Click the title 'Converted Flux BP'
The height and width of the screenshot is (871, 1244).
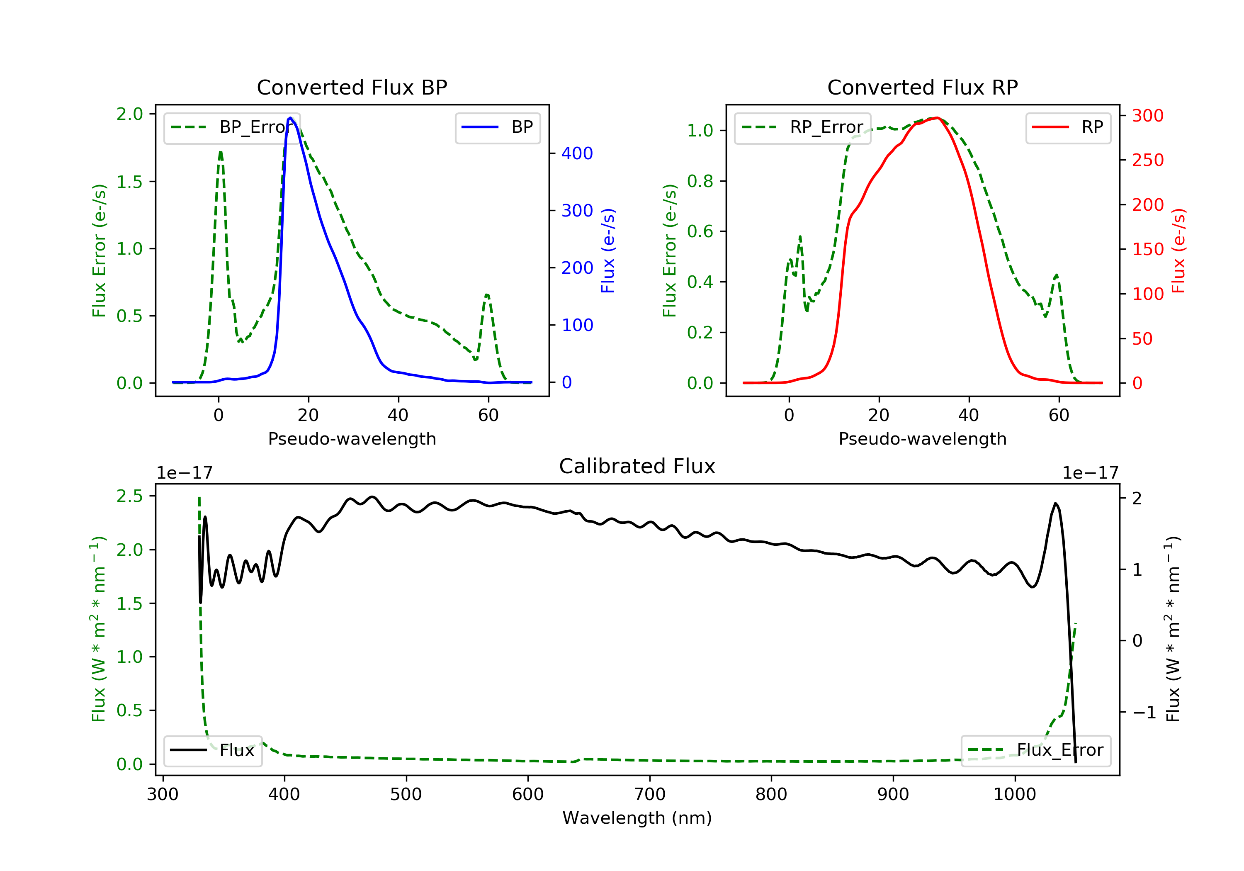[x=352, y=87]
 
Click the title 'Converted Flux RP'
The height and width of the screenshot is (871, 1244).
[x=923, y=87]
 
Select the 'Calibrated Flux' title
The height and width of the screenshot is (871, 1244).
[x=637, y=466]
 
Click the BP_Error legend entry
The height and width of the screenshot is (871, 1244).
[x=231, y=127]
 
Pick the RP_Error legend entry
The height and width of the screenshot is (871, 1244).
[x=802, y=127]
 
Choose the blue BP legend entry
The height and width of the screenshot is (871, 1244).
[x=497, y=127]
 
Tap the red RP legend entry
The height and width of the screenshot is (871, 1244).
[x=1068, y=127]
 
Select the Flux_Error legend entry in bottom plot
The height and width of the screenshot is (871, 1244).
[x=1035, y=750]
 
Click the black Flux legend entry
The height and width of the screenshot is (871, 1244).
[x=212, y=750]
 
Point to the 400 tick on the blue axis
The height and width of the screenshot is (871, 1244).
[x=577, y=153]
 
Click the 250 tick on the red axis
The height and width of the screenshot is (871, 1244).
[x=1147, y=160]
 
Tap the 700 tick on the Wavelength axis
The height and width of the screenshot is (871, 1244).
[x=650, y=794]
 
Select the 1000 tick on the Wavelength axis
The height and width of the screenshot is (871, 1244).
[x=1015, y=794]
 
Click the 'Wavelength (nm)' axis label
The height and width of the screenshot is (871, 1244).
[x=637, y=818]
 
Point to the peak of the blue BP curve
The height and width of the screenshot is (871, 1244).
[x=290, y=118]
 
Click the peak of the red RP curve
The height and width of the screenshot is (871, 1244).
[x=937, y=118]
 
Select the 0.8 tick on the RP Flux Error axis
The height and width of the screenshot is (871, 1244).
[x=700, y=181]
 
